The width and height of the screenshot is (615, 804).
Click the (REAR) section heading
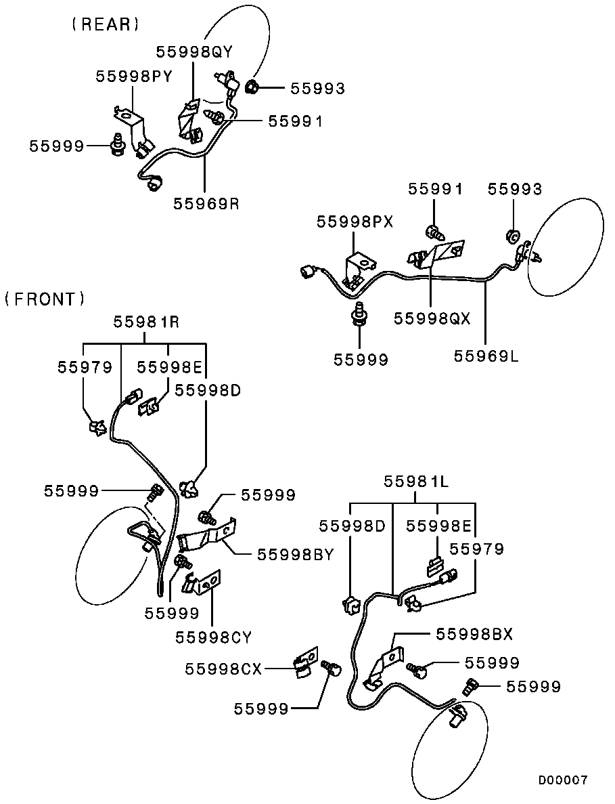(x=106, y=24)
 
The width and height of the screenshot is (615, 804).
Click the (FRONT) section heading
(x=45, y=299)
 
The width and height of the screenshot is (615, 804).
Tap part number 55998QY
(x=195, y=51)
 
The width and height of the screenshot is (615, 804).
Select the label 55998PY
(x=134, y=77)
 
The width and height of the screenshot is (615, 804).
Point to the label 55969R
(x=206, y=203)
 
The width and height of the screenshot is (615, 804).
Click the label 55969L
(x=486, y=356)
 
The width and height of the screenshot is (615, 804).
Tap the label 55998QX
(x=432, y=318)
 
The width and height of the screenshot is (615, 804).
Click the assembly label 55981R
(x=146, y=322)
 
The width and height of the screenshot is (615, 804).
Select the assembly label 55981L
(x=416, y=482)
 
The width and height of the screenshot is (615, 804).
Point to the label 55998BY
(x=296, y=554)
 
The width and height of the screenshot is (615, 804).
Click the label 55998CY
(x=214, y=637)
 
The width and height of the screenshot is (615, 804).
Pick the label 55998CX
(x=223, y=669)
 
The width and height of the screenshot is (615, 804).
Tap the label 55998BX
(x=474, y=634)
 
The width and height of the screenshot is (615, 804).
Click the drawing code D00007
(x=563, y=781)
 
